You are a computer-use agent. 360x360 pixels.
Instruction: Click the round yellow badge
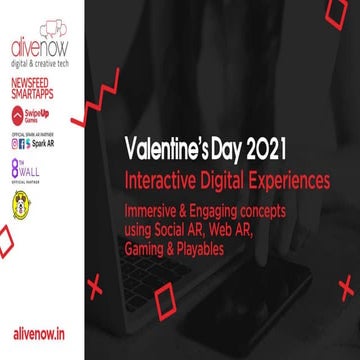click(18, 205)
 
